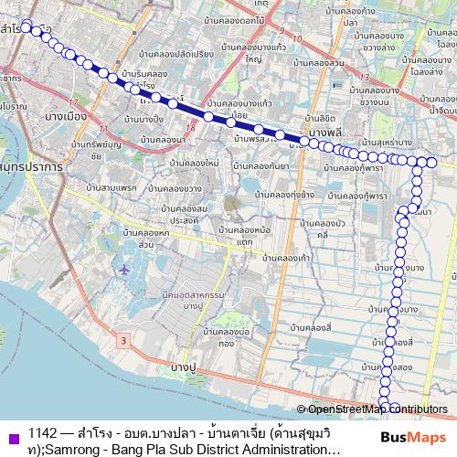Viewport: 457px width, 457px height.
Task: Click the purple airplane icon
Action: point(125,269)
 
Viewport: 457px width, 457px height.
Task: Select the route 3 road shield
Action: point(122,339)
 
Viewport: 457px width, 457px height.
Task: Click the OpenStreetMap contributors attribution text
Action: point(377,409)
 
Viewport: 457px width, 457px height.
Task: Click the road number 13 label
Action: point(364,77)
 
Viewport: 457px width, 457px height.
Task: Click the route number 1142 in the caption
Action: point(43,433)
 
